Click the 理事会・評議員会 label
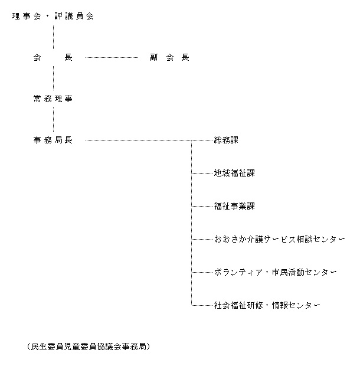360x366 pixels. (x=53, y=16)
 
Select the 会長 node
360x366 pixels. (x=53, y=57)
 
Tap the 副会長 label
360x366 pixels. (x=169, y=57)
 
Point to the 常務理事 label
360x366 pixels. (x=53, y=99)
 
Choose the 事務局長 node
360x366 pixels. (x=53, y=140)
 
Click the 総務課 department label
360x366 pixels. (x=226, y=140)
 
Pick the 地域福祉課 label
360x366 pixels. (x=234, y=173)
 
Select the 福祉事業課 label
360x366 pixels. (x=234, y=206)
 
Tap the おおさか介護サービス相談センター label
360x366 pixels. (x=280, y=239)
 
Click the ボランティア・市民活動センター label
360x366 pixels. (x=275, y=272)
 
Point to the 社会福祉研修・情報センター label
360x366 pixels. (x=267, y=305)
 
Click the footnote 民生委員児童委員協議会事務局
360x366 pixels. (x=89, y=347)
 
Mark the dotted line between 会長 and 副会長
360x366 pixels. (x=112, y=57)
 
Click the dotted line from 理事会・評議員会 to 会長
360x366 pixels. (x=54, y=37)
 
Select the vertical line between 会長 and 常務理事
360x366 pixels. (x=54, y=78)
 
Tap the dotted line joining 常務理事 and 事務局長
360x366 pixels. (x=54, y=119)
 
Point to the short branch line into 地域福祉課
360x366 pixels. (x=202, y=173)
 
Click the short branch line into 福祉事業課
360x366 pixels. (x=202, y=207)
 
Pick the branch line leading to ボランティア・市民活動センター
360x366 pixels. (x=202, y=272)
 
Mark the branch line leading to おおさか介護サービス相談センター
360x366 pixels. (x=202, y=239)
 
